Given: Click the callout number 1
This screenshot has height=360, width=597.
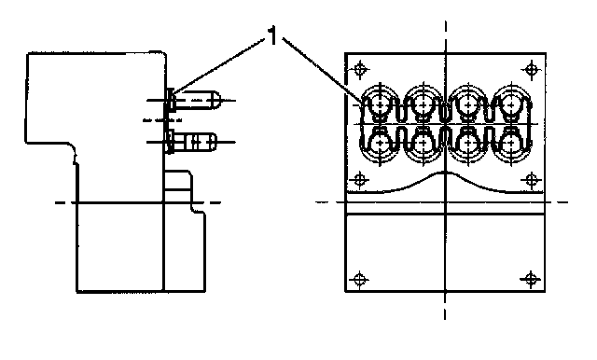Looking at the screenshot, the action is (273, 36).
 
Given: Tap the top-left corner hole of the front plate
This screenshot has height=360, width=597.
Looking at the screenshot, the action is (360, 70).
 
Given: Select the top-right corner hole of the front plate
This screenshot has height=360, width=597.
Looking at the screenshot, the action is (532, 70).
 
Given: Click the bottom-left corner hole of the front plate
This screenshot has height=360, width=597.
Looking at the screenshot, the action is (359, 280).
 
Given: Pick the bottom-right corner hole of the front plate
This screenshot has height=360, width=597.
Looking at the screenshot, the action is (531, 280).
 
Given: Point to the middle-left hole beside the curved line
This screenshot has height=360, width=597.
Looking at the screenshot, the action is (359, 180).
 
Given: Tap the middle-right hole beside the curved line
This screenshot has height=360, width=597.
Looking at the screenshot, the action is (531, 180).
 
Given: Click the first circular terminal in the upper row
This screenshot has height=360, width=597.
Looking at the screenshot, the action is (380, 103).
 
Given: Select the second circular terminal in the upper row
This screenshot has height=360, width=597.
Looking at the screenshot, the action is (423, 103).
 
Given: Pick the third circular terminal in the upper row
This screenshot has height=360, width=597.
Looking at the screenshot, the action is (468, 103).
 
